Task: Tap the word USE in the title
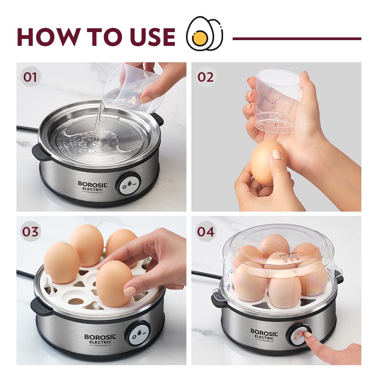point(149,37)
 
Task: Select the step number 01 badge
point(30,76)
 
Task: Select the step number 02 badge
point(206,76)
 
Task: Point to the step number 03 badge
point(30,231)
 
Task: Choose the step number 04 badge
point(206,231)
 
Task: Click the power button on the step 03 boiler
point(139,333)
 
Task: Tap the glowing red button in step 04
point(301,334)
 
